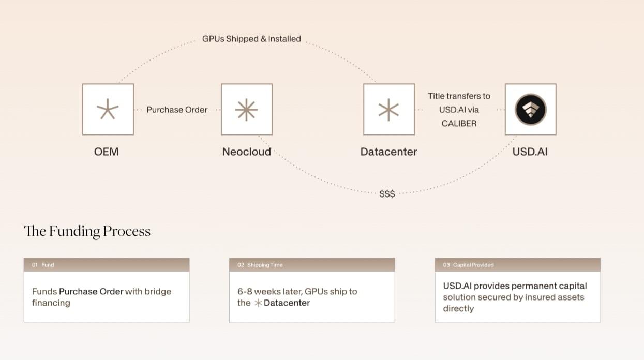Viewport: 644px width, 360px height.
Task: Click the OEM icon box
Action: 108,110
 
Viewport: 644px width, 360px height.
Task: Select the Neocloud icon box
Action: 246,110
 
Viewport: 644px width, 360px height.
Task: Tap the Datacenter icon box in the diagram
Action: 388,110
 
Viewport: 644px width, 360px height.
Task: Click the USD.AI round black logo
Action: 530,110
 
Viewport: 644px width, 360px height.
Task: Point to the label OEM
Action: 107,152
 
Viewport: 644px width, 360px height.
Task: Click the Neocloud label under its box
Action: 246,152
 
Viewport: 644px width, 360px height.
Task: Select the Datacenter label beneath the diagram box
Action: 388,152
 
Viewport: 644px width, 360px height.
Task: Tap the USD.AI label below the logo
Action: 530,152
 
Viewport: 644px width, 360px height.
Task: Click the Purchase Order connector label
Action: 177,110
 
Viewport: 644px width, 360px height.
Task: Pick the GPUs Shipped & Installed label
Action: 251,39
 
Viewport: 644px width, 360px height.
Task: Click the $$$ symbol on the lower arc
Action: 387,193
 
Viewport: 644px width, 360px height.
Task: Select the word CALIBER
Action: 459,123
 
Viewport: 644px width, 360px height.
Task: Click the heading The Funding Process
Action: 87,231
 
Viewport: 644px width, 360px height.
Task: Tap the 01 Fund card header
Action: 107,265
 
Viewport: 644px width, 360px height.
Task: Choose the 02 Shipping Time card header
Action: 312,265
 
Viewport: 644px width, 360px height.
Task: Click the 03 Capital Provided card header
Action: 517,265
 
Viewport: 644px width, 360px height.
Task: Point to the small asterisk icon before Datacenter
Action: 258,303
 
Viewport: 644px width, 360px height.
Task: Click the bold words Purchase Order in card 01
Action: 91,292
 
